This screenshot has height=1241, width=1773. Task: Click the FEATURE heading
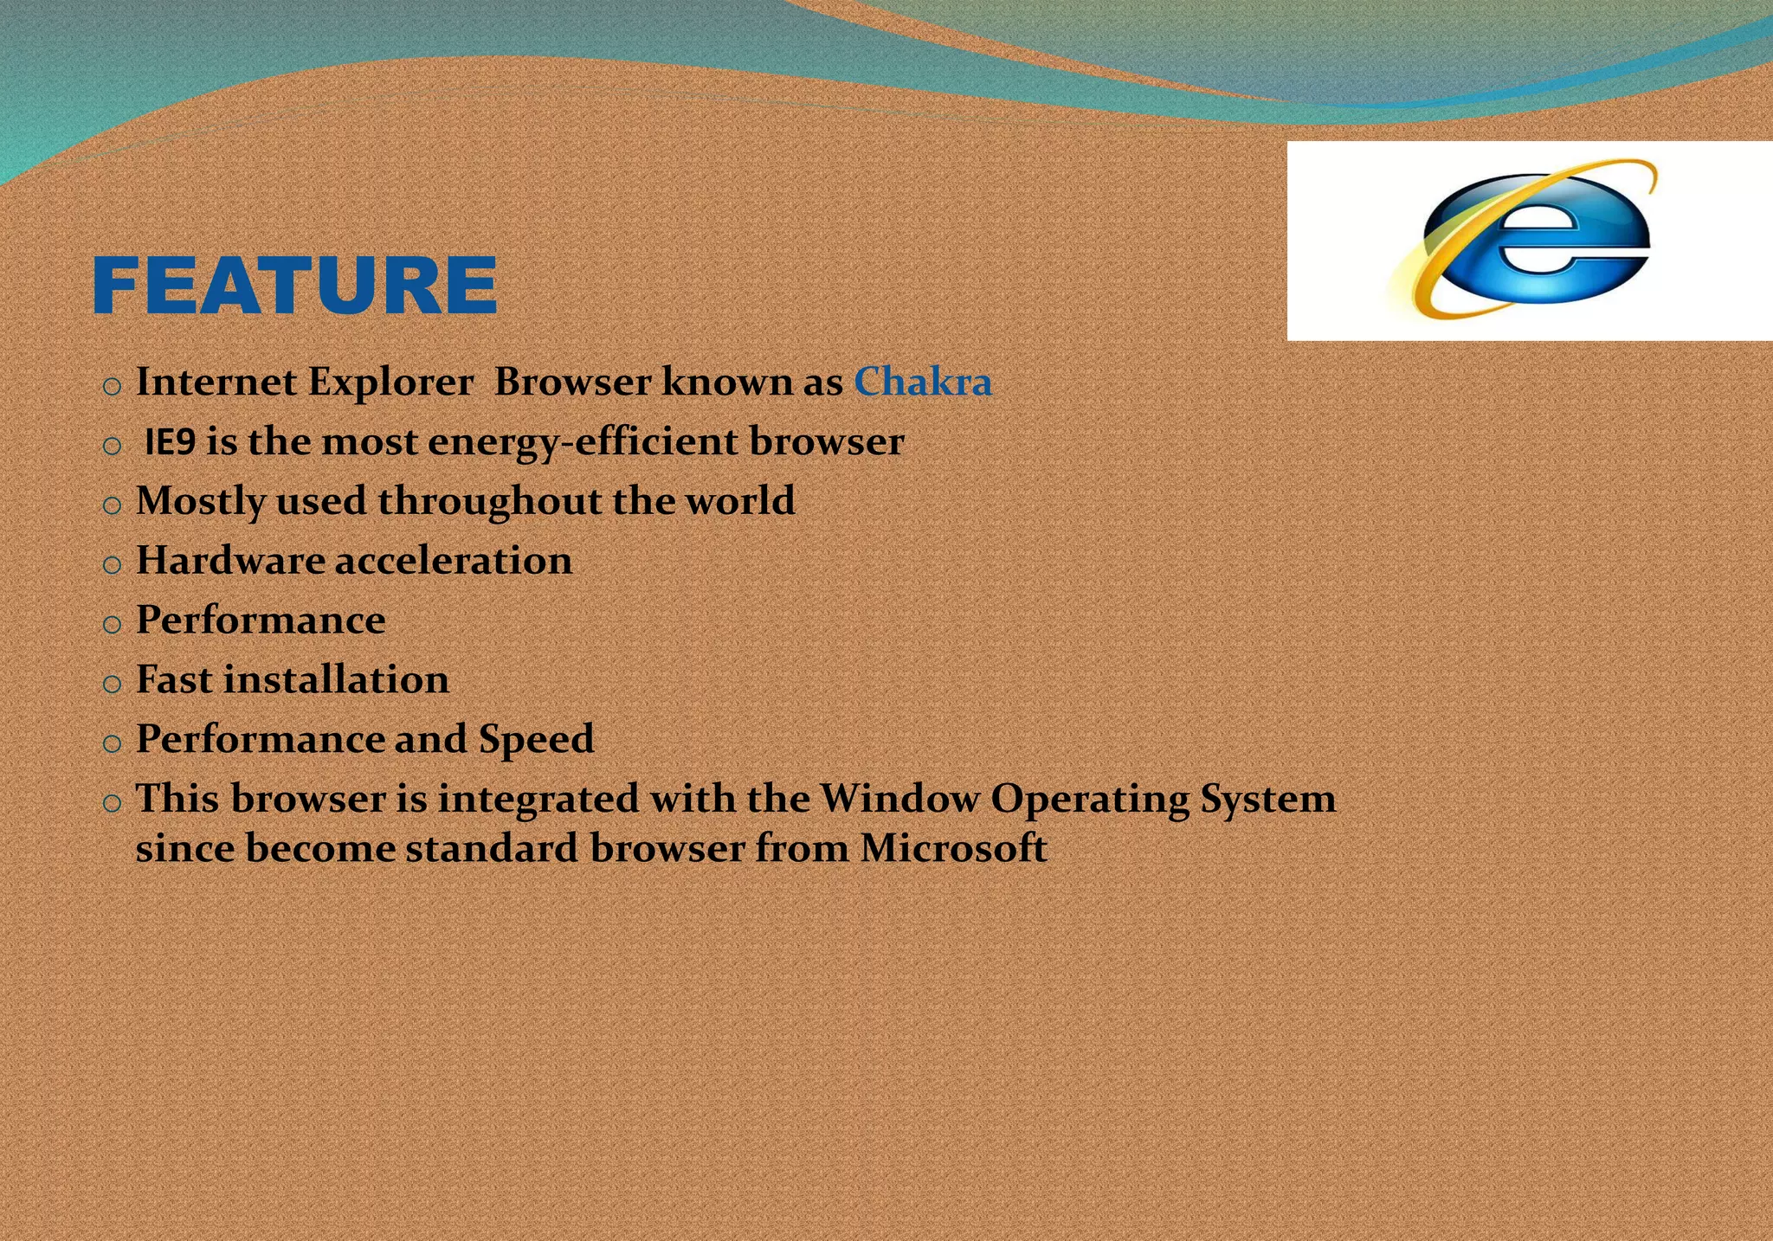pos(294,285)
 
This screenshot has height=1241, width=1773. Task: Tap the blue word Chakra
pos(923,383)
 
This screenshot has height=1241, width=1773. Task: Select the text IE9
pos(171,442)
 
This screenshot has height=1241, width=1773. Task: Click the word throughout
pos(489,501)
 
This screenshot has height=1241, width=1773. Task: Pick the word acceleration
pos(454,561)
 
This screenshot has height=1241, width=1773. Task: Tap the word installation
pos(337,679)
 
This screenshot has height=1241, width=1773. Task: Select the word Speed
pos(536,740)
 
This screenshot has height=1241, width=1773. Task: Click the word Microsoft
pos(953,848)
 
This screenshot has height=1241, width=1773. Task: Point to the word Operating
pos(1089,799)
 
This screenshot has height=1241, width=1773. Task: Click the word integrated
pos(538,799)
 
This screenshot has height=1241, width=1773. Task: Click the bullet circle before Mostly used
pos(112,506)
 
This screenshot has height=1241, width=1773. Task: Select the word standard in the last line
pos(492,848)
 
